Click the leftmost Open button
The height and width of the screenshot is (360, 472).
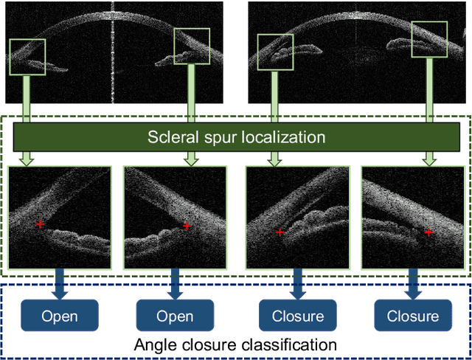click(x=59, y=316)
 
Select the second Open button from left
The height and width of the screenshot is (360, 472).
click(x=175, y=316)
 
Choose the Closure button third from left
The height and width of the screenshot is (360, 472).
click(x=298, y=316)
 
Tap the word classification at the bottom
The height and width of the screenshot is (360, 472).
click(x=291, y=345)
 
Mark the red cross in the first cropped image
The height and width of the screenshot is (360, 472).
click(x=40, y=224)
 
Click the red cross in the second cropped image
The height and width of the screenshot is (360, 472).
click(x=187, y=226)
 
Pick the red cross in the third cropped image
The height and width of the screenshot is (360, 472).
click(x=280, y=232)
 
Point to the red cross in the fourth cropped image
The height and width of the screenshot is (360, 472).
click(x=429, y=232)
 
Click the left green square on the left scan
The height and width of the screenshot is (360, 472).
click(x=27, y=57)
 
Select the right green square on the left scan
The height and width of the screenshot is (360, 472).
click(x=192, y=46)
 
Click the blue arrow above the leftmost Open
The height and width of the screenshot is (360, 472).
click(x=59, y=282)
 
